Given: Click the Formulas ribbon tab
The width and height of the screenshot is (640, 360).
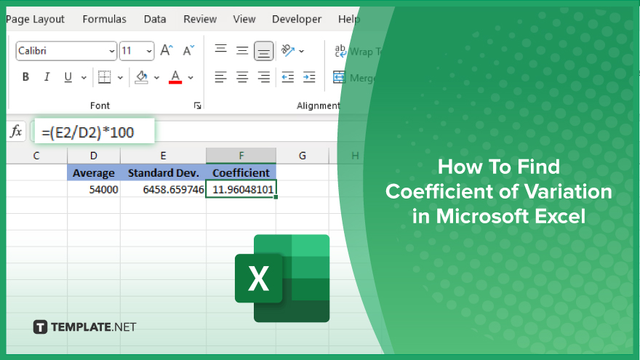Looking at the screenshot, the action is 104,19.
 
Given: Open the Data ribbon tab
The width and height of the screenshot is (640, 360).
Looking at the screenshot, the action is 155,19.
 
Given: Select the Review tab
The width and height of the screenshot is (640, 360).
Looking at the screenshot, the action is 200,19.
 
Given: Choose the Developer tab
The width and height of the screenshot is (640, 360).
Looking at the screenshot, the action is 297,19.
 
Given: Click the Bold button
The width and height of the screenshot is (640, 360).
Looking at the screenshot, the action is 25,77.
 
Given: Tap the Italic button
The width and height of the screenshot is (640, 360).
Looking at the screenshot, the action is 47,77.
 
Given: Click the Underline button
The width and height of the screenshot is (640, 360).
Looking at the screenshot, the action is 68,77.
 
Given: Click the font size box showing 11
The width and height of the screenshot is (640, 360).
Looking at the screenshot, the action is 136,51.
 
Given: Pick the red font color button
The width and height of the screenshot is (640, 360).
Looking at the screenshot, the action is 175,77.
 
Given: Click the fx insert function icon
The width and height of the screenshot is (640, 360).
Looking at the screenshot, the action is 16,132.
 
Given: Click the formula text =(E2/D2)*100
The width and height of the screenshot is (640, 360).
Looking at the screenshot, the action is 88,132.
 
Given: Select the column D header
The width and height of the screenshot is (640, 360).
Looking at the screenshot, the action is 94,156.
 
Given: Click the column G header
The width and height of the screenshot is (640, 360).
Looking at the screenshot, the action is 302,156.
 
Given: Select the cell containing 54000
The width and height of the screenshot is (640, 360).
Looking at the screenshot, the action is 94,189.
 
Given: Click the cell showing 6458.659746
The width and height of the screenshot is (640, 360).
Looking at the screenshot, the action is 163,189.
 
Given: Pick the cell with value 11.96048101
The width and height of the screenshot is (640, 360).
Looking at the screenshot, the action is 241,189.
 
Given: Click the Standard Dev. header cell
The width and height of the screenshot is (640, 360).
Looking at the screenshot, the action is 163,172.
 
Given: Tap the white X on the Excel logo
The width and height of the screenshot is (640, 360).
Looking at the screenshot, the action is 258,279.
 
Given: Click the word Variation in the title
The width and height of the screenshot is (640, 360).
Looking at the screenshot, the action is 568,191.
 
